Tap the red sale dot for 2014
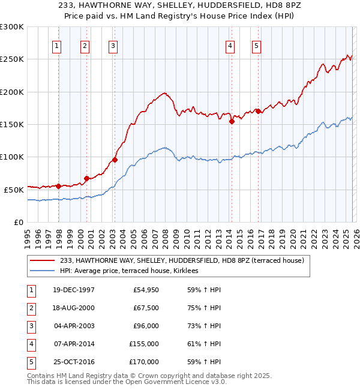(232, 121)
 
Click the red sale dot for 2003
(115, 160)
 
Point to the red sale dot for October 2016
(258, 111)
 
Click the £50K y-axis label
(14, 189)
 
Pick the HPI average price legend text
(133, 271)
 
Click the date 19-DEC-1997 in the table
(74, 290)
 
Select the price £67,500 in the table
(145, 308)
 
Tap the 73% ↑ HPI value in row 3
(200, 326)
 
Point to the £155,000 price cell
(143, 344)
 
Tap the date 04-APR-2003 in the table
(74, 326)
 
